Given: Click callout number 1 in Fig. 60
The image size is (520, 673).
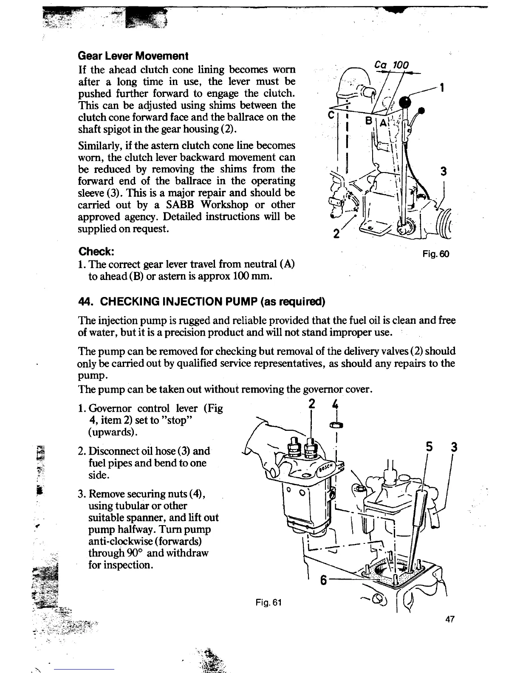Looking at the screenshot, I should point(442,88).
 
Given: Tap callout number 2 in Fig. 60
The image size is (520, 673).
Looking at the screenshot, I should point(336,233).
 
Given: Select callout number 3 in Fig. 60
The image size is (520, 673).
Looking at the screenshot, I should point(443,171).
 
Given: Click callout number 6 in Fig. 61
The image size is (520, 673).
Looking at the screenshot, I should point(323,580).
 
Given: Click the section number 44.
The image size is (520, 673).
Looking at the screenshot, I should point(86,302).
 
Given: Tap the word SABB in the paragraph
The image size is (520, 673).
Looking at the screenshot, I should point(186,204).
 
